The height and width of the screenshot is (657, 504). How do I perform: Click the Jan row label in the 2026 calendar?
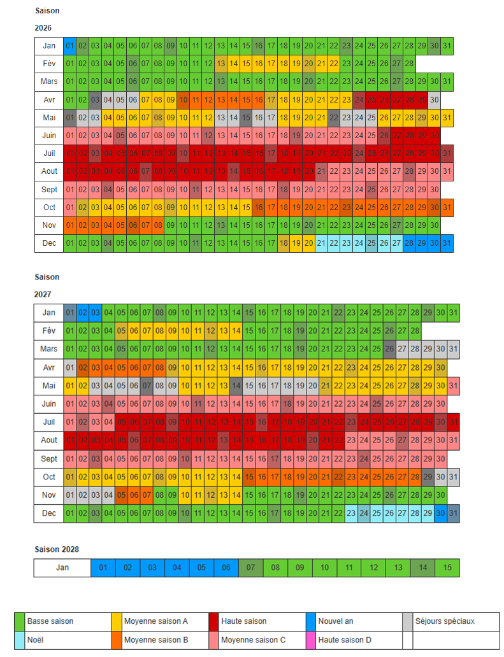(x=49, y=45)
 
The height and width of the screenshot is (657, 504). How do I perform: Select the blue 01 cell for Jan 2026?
(x=69, y=45)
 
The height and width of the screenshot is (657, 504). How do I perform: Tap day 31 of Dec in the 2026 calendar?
(x=447, y=243)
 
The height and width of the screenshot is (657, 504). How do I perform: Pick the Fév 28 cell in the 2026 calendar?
(x=409, y=64)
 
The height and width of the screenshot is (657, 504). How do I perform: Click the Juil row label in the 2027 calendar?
(x=49, y=422)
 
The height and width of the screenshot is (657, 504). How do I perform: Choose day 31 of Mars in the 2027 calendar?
(x=453, y=349)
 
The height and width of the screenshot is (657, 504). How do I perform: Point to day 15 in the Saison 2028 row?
(x=447, y=568)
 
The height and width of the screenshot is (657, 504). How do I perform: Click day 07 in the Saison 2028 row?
(x=250, y=568)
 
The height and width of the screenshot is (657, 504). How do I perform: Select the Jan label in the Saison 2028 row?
(x=62, y=568)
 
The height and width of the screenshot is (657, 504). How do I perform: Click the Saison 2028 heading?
(x=57, y=549)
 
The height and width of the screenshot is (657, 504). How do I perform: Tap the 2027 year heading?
(x=43, y=295)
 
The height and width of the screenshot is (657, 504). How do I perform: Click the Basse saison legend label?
(x=50, y=621)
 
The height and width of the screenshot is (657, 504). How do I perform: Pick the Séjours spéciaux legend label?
(x=445, y=621)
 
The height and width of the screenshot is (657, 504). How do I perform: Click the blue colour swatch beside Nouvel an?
(x=310, y=621)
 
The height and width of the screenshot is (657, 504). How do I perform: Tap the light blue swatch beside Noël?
(x=20, y=640)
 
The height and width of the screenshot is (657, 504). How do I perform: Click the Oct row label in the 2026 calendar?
(x=49, y=208)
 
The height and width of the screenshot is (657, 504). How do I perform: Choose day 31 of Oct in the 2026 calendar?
(x=447, y=208)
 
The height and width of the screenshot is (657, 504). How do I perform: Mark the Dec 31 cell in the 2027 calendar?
(x=453, y=513)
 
